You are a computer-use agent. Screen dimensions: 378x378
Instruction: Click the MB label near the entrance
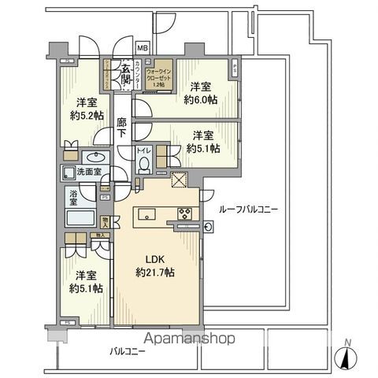point(142,47)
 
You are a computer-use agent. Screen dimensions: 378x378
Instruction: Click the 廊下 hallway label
point(122,128)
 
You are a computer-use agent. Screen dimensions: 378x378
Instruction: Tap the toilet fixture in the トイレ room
point(144,163)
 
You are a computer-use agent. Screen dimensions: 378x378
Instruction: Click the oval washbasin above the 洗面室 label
point(89,156)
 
